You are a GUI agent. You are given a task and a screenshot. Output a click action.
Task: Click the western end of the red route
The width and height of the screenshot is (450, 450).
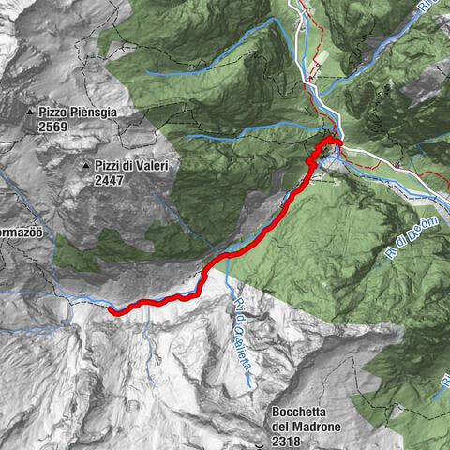[112, 309]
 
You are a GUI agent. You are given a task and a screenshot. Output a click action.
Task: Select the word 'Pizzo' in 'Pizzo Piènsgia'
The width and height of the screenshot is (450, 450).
[54, 112]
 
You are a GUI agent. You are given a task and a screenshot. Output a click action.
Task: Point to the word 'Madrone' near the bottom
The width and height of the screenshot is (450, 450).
[320, 425]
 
